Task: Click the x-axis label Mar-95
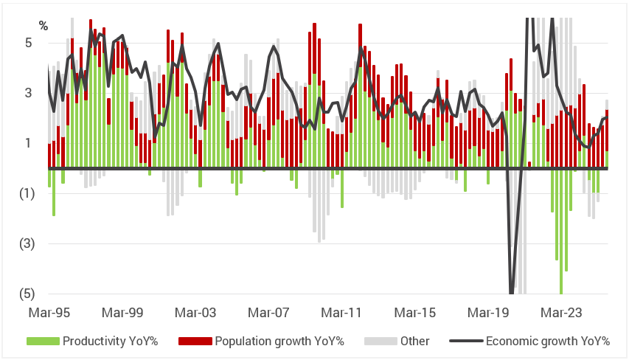coord(49,312)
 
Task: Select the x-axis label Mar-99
coord(122,312)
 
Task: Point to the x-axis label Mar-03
coord(195,312)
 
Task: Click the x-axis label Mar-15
coord(415,312)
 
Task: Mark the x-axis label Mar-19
coord(489,312)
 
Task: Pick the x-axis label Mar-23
coord(562,312)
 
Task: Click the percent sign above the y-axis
coord(44,26)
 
